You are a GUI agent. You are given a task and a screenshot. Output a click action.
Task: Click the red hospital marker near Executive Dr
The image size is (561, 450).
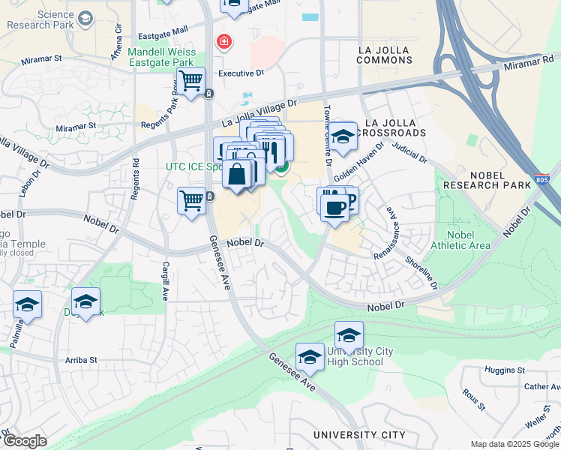pos(223,41)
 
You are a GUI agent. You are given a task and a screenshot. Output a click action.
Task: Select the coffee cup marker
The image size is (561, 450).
pos(334,207)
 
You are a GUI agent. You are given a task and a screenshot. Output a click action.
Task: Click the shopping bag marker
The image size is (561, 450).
pos(236,175)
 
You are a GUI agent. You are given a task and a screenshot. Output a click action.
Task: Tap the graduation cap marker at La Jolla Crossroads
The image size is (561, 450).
pos(343,136)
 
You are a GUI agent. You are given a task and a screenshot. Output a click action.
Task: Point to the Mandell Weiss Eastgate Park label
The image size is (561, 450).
pos(162,58)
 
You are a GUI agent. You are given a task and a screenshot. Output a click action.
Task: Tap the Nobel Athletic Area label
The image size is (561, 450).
pos(460,240)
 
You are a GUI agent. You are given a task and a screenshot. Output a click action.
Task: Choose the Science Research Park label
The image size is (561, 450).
pos(40,19)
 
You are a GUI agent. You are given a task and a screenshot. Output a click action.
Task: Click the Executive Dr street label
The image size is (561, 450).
pos(241,73)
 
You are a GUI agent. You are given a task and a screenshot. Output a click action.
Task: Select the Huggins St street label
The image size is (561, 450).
pos(505,370)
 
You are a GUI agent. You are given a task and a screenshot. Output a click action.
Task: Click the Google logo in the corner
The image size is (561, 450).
pos(25,441)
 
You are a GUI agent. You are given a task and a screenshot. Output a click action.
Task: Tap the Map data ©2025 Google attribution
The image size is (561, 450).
pos(514,444)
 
